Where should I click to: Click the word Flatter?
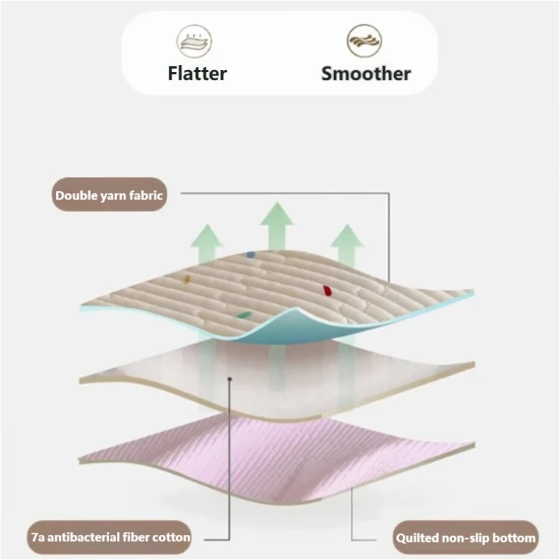pos(197,73)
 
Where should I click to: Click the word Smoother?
pos(366,73)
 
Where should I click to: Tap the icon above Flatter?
pos(195,42)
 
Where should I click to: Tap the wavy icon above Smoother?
pos(364,41)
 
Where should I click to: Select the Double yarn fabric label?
pos(109,195)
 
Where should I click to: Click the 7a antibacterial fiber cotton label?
pos(109,537)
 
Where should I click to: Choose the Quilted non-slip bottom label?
pos(465,538)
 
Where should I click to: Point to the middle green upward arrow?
pos(277,227)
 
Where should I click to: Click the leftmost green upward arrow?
pos(207,244)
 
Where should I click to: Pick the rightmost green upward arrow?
pos(347,246)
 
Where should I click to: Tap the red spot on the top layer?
pos(327,290)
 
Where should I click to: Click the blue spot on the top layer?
pos(251,255)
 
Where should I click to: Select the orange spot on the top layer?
pos(187,279)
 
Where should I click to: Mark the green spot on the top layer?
pos(244,315)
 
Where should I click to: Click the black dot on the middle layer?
pos(230,379)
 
